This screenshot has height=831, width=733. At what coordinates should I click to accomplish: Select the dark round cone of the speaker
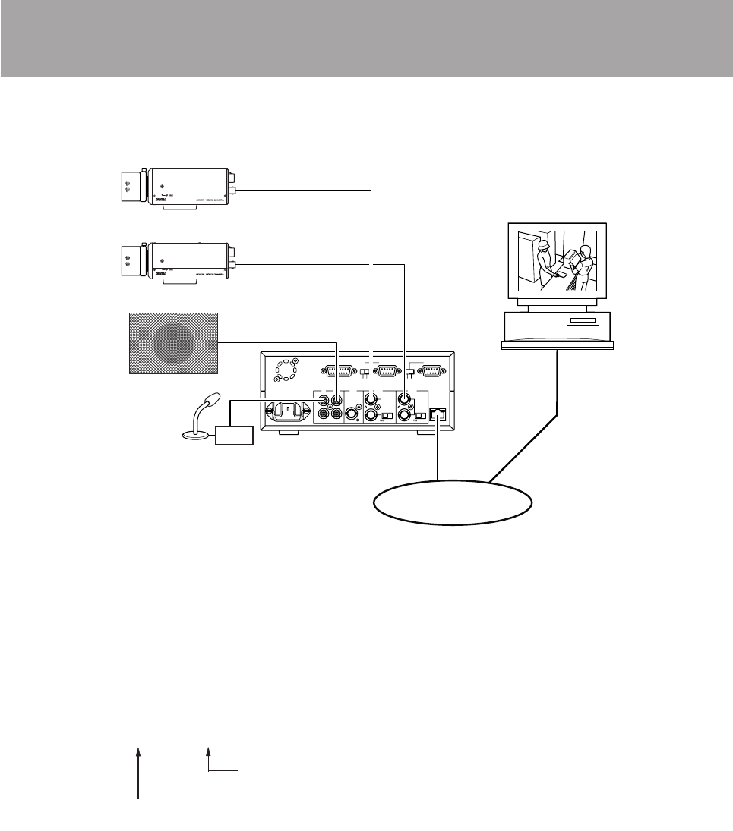[x=174, y=343]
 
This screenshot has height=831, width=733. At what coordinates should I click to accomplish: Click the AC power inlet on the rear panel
[x=287, y=411]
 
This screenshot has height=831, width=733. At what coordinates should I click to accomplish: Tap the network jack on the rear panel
[x=437, y=414]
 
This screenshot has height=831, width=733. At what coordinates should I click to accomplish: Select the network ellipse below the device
[x=451, y=502]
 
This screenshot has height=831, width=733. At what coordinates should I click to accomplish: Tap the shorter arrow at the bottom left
[x=209, y=758]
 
